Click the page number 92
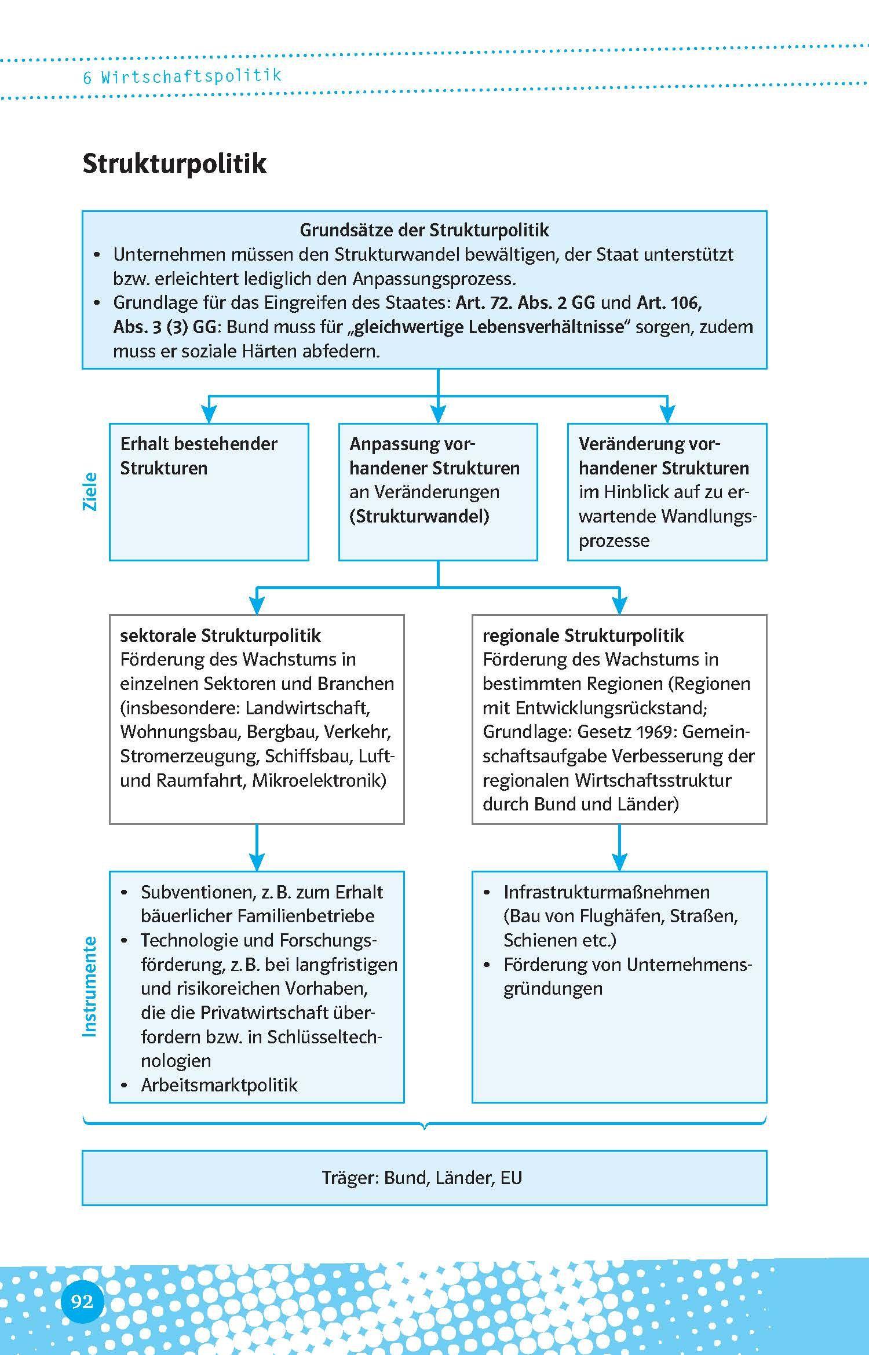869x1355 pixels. pyautogui.click(x=82, y=1302)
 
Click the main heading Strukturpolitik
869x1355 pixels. pyautogui.click(x=174, y=164)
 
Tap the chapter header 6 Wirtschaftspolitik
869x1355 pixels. pyautogui.click(x=182, y=76)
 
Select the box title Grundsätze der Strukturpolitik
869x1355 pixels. pyautogui.click(x=424, y=230)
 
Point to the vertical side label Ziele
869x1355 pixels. pyautogui.click(x=90, y=492)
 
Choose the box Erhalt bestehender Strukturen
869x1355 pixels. pyautogui.click(x=209, y=491)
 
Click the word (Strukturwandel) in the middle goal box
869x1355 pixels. pyautogui.click(x=419, y=516)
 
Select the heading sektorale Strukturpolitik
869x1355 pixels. pyautogui.click(x=220, y=636)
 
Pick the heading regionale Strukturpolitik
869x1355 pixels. pyautogui.click(x=583, y=636)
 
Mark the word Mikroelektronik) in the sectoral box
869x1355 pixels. pyautogui.click(x=319, y=780)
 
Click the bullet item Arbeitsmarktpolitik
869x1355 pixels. pyautogui.click(x=219, y=1085)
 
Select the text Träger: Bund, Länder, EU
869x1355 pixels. pyautogui.click(x=422, y=1178)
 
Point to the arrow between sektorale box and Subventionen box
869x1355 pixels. pyautogui.click(x=257, y=847)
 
